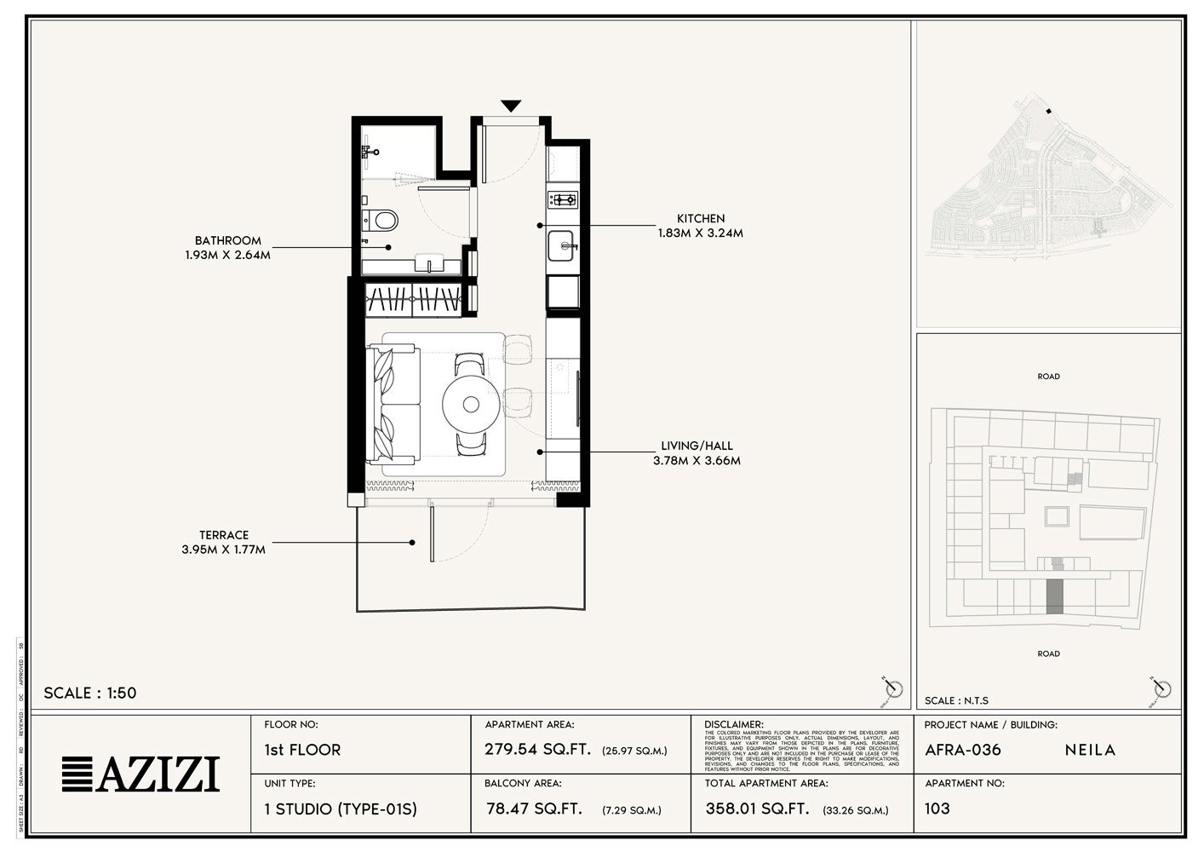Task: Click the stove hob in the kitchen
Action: click(x=562, y=200)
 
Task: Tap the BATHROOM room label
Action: click(x=227, y=241)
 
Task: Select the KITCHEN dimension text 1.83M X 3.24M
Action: click(x=700, y=233)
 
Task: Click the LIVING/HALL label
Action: click(x=697, y=446)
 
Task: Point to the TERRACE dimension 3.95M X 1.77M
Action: click(x=223, y=550)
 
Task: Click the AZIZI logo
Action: click(x=141, y=774)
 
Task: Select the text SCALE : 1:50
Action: click(x=90, y=693)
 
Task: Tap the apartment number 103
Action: click(x=937, y=808)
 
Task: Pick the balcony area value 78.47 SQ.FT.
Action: click(x=534, y=809)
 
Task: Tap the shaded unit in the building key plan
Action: click(x=1054, y=596)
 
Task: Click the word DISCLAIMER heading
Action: click(x=734, y=724)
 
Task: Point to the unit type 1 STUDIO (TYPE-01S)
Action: click(x=341, y=809)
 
